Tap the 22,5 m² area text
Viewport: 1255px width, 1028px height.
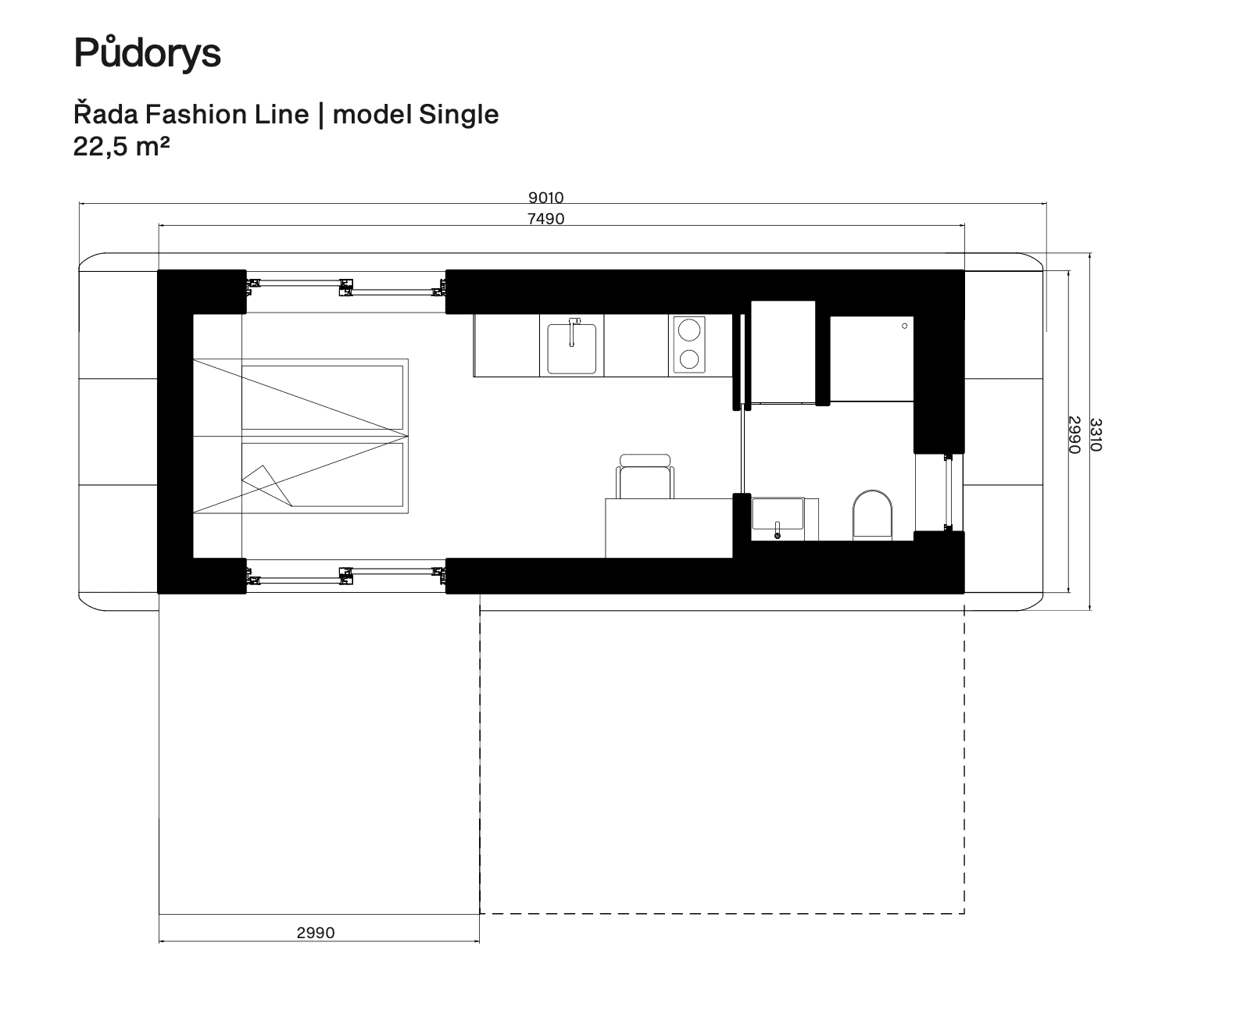tap(121, 146)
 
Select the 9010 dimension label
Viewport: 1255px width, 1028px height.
tap(545, 197)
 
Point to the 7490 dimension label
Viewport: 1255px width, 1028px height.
tap(545, 218)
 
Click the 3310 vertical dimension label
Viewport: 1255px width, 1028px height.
tap(1096, 435)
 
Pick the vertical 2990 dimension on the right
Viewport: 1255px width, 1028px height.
tap(1074, 435)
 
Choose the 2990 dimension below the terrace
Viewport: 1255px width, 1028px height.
tap(316, 932)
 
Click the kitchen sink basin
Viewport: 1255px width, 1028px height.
tap(571, 348)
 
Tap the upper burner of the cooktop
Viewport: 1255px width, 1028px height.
tap(689, 330)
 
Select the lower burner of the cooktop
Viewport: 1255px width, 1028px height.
tap(689, 359)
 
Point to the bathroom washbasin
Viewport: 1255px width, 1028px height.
tap(778, 514)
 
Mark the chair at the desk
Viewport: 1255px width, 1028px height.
tap(645, 477)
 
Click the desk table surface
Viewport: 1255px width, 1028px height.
tap(669, 528)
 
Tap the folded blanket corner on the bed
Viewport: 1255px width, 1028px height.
tap(266, 485)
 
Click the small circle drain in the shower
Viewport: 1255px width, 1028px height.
tap(904, 326)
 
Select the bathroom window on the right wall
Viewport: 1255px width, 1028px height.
tap(949, 493)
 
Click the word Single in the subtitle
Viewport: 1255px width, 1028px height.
tap(458, 114)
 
